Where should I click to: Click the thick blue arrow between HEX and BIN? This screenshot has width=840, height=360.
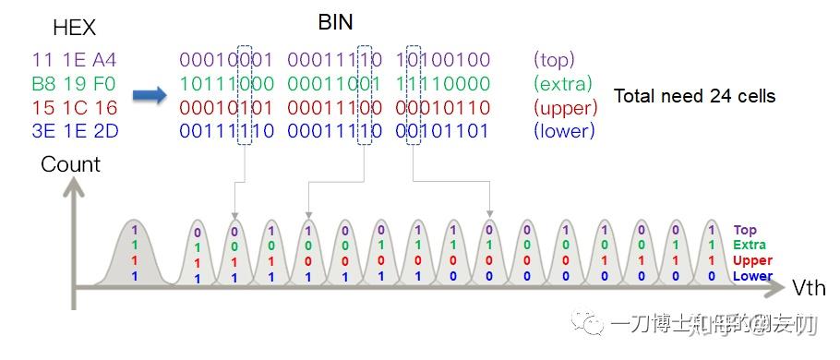point(148,95)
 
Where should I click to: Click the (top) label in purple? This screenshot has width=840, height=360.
point(554,60)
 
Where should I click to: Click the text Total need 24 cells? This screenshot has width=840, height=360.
point(694,96)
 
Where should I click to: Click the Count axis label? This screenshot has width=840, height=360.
point(70,165)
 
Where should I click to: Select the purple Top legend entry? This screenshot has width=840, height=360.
point(745,231)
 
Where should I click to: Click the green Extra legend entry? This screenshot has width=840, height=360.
point(750,246)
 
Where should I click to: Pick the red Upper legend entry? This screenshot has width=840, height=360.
point(751,261)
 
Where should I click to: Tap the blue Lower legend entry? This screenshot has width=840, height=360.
point(752,276)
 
